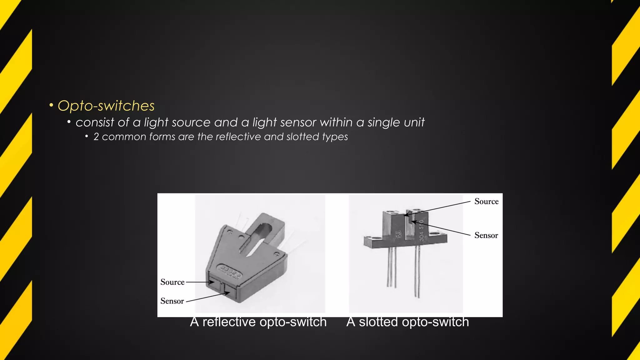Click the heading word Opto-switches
tap(106, 106)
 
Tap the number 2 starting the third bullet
tap(96, 137)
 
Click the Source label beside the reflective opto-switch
tap(172, 282)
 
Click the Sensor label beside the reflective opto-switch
tap(172, 301)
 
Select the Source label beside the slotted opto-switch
tap(486, 202)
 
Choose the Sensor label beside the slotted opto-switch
tap(486, 235)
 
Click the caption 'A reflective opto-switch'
tap(258, 322)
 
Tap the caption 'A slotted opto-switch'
tap(407, 322)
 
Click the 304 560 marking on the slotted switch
tap(421, 231)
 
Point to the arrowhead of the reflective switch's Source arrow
tap(212, 282)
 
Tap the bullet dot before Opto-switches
tap(51, 105)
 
